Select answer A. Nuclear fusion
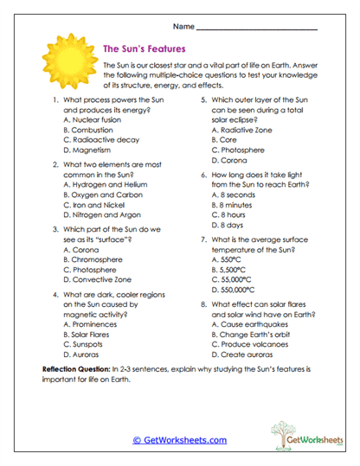pos(95,120)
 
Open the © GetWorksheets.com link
pos(179,440)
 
